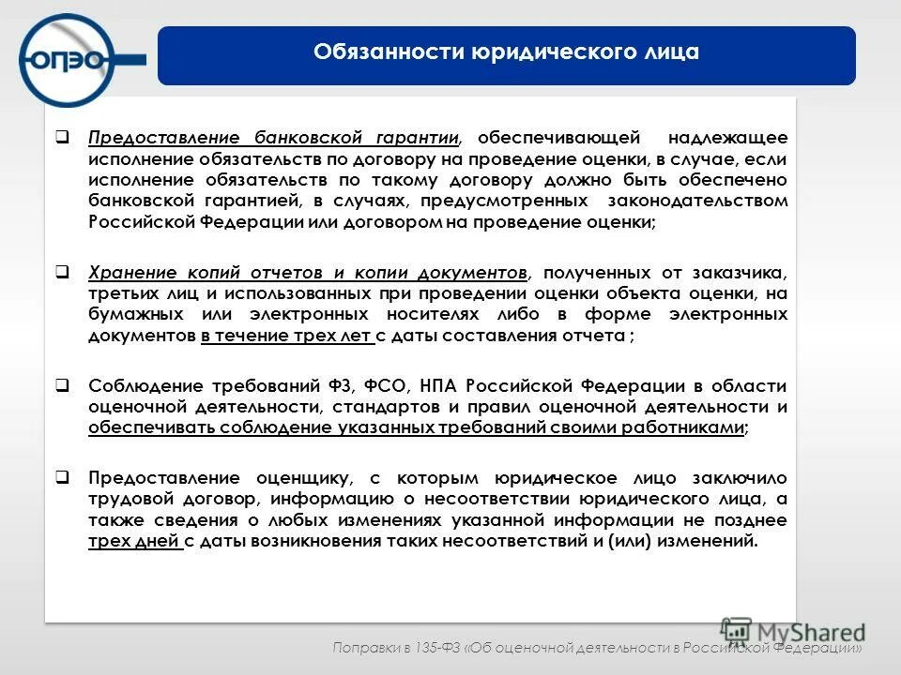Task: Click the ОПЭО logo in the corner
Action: pos(70,58)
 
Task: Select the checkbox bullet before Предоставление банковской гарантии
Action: pos(61,137)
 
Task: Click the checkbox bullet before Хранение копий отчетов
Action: pos(61,273)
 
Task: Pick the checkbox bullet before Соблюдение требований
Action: pos(61,385)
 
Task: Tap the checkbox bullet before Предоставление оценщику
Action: pos(61,475)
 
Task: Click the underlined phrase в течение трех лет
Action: pos(286,336)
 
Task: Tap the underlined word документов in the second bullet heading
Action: pos(473,273)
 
